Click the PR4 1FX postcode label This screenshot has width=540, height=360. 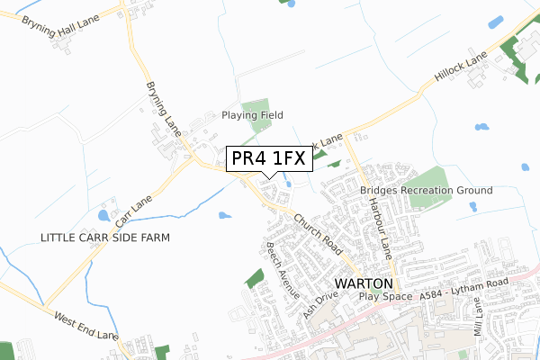(269, 158)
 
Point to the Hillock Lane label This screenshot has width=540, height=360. (460, 69)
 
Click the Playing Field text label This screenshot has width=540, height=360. (253, 115)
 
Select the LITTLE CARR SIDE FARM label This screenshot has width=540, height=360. (105, 237)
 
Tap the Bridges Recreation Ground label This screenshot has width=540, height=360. (426, 191)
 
